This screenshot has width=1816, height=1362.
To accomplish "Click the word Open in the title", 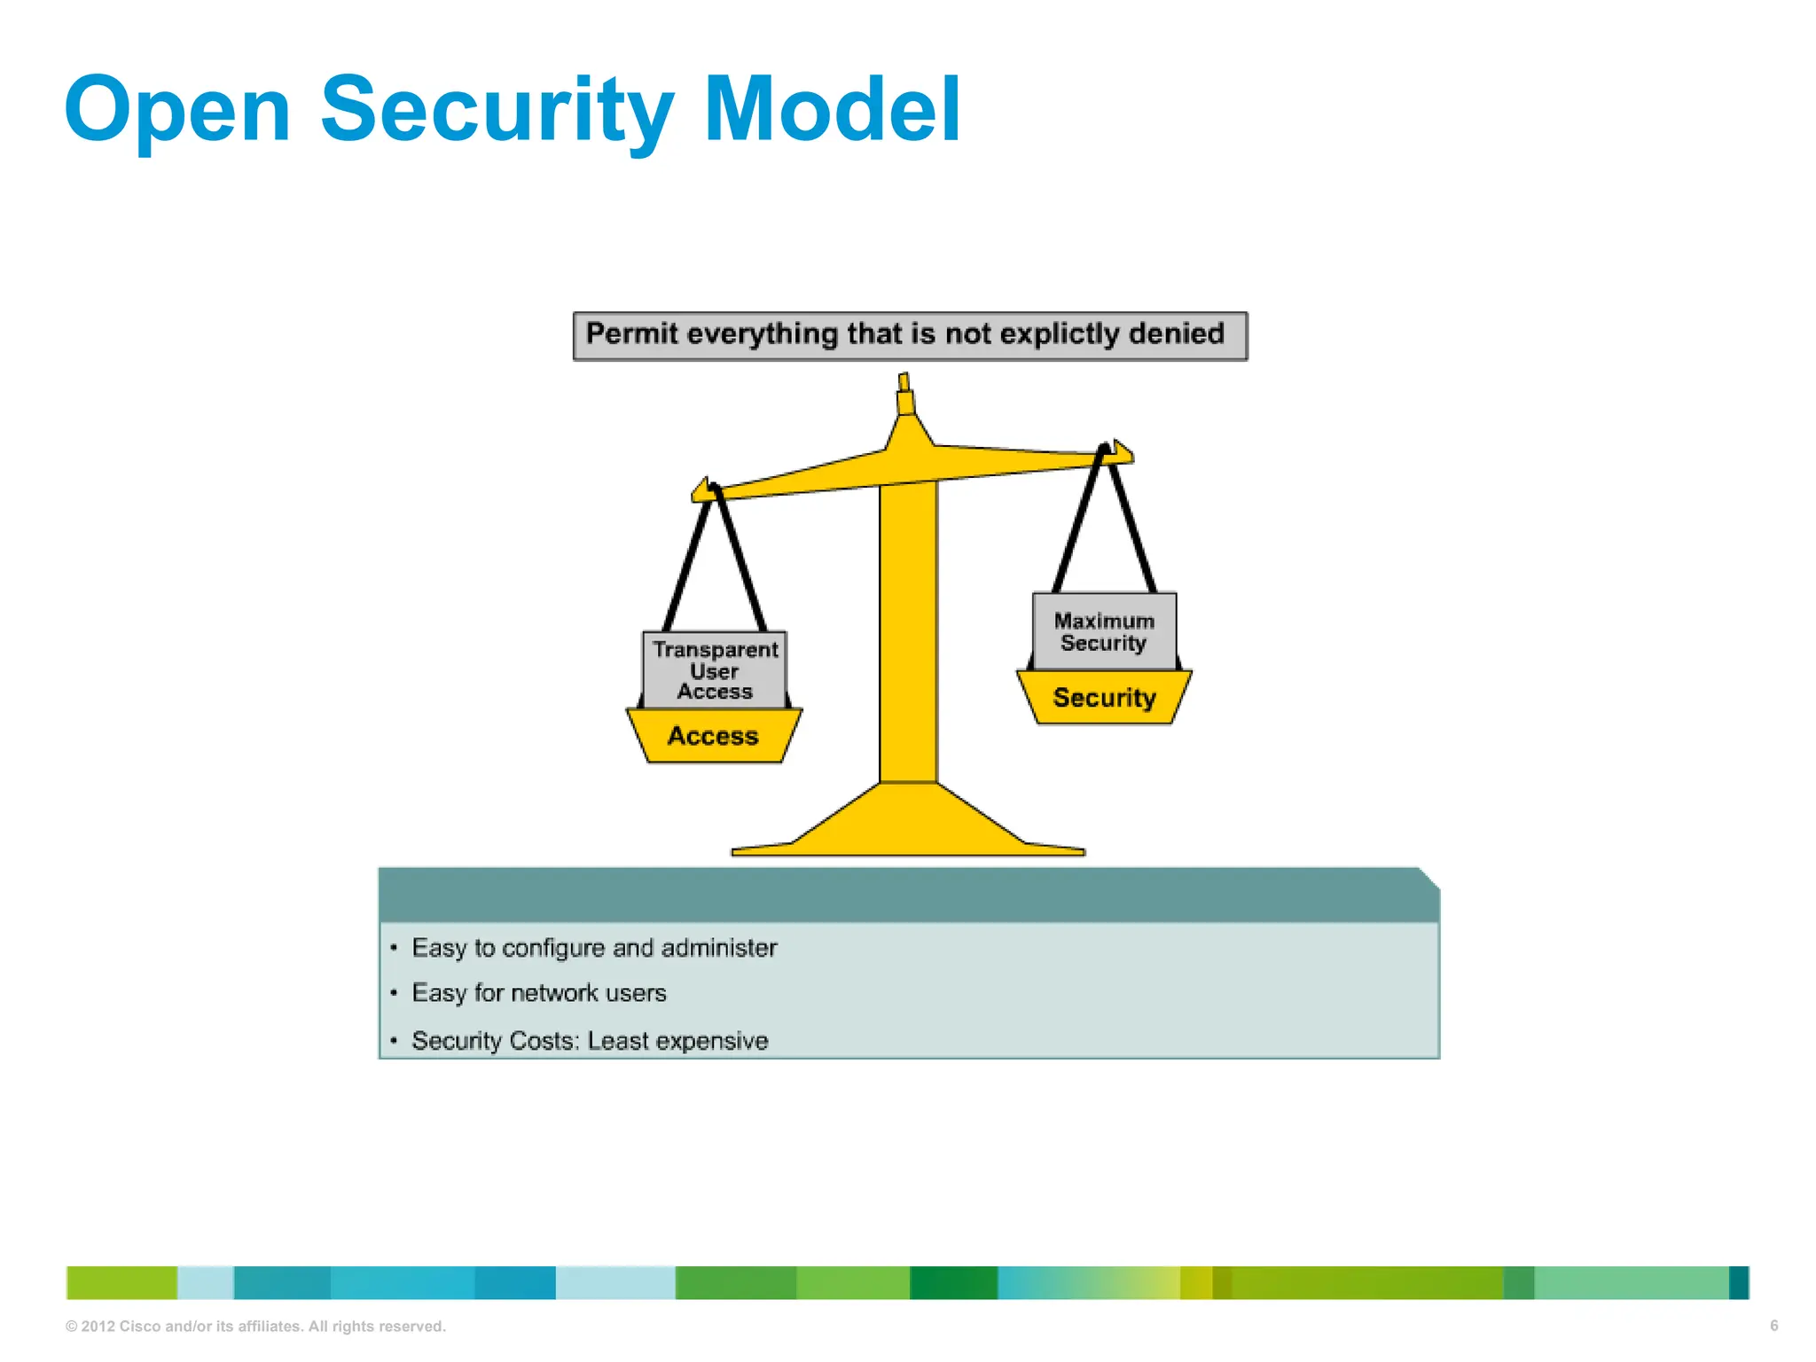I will click(x=177, y=111).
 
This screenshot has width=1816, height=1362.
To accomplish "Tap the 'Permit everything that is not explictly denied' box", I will click(x=910, y=335).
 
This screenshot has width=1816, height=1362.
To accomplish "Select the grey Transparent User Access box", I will click(x=715, y=670).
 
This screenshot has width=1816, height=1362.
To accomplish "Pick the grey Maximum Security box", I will click(x=1104, y=631).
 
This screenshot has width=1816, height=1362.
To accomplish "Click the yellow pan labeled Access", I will click(x=714, y=736).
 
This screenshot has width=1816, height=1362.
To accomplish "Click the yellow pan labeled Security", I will click(x=1104, y=698).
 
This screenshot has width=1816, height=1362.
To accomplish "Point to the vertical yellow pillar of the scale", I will click(x=908, y=638).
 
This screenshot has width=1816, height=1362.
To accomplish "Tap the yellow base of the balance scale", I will click(x=908, y=825).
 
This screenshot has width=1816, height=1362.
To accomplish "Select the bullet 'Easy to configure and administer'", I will click(x=594, y=948).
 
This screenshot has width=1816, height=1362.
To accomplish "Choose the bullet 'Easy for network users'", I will click(x=538, y=993).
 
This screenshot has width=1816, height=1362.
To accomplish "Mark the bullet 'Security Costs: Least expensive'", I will click(x=590, y=1041).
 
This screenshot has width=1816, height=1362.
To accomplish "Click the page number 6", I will click(x=1773, y=1326).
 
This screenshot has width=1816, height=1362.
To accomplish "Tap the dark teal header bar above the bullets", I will click(x=908, y=896).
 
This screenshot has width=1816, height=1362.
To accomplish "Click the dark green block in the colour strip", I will click(x=953, y=1283).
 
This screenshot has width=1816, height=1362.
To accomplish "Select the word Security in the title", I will click(x=497, y=111).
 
